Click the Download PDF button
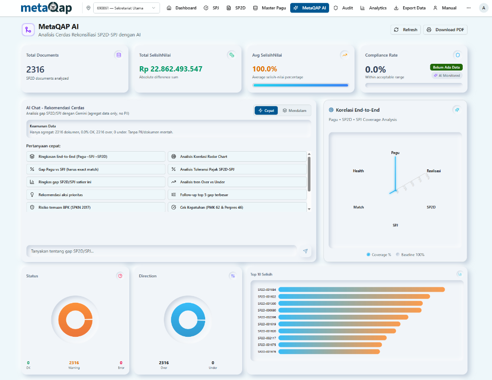(445, 30)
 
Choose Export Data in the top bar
(409, 8)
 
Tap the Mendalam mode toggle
(294, 110)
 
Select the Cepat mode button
(266, 110)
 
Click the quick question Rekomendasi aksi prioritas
(96, 195)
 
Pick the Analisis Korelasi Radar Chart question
(237, 156)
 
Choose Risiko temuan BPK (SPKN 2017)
(96, 207)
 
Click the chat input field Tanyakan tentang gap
(162, 251)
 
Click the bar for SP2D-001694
(361, 289)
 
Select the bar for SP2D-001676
(329, 352)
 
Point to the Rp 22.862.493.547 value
(171, 69)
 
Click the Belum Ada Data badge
(446, 67)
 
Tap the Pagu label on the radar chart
(395, 153)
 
